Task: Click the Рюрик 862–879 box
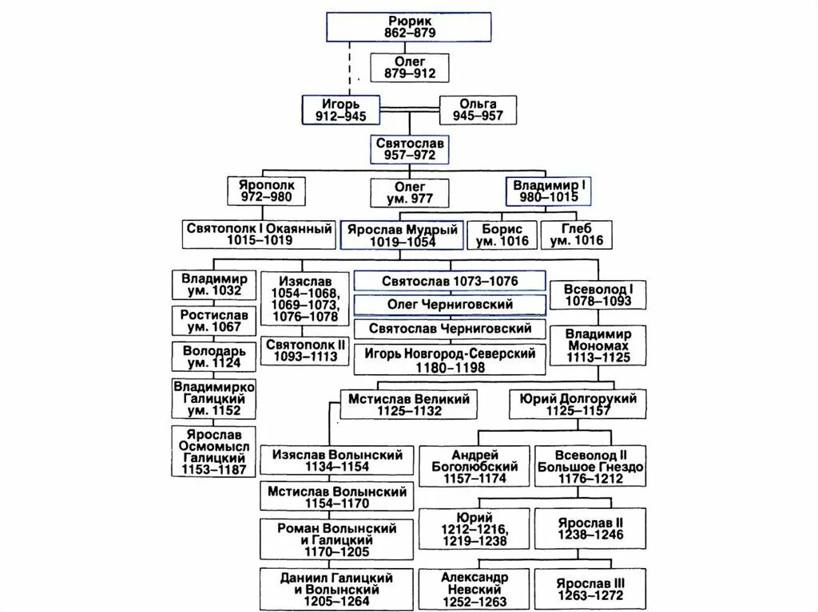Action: coord(409,27)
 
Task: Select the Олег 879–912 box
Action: coord(409,67)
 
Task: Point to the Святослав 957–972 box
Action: coord(409,149)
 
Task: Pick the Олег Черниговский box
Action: coord(450,305)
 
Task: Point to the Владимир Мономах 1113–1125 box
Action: coord(598,345)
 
